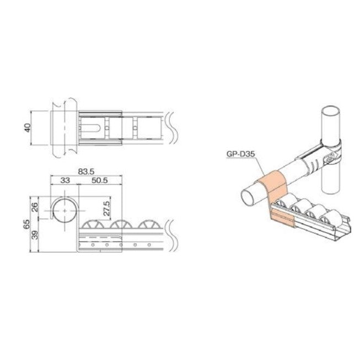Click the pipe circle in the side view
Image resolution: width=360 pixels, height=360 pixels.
point(65,211)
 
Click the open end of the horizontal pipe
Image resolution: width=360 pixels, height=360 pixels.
point(252,196)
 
